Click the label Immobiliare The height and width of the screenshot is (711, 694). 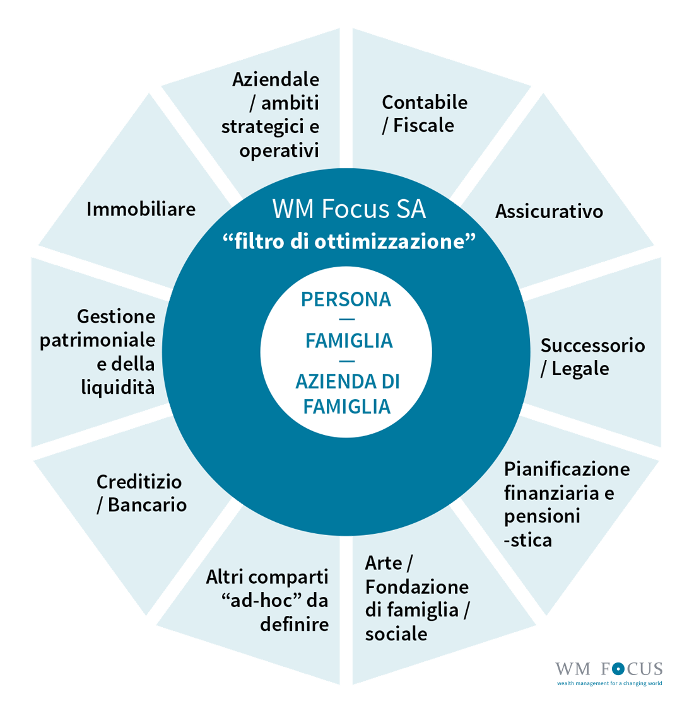coord(141,209)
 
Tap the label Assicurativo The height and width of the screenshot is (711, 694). coord(549,211)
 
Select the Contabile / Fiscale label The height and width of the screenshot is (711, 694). coord(424,113)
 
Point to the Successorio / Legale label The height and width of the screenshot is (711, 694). coord(592,357)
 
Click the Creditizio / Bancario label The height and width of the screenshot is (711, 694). coord(141,493)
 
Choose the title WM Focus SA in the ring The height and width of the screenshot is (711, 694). coord(349,209)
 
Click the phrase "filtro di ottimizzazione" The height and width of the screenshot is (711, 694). coord(349,241)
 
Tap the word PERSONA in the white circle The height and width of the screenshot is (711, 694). coord(346,299)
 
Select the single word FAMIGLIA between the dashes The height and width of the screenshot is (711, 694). coord(348,341)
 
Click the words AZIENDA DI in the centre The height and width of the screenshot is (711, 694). coord(348,382)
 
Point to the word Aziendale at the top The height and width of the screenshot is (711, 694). coord(276,79)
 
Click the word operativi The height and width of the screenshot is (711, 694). coord(279,151)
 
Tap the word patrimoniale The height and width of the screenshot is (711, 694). coord(97,340)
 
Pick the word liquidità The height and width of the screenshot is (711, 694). coord(117,387)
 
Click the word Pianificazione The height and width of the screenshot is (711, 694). coord(567,469)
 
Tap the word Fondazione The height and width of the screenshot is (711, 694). coord(416,587)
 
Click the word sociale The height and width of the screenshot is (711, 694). coord(396,634)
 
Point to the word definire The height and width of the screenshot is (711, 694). coord(294,624)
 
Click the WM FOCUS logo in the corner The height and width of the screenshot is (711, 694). coord(608,672)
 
